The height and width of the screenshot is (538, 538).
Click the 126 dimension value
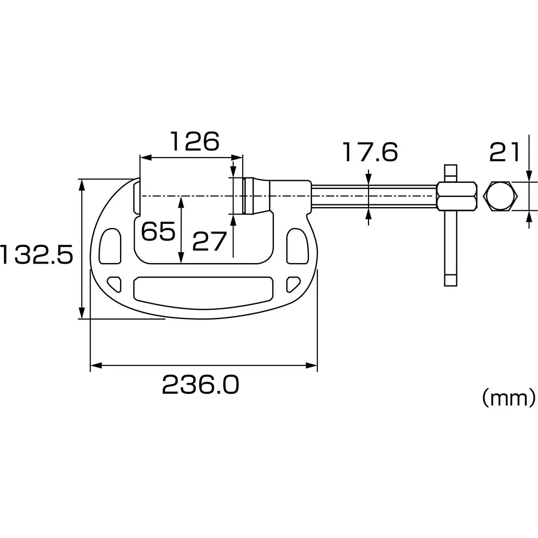pyautogui.click(x=195, y=141)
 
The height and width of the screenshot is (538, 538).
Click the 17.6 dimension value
pyautogui.click(x=371, y=152)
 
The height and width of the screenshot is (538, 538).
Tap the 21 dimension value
pyautogui.click(x=505, y=152)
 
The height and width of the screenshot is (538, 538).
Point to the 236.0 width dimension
pyautogui.click(x=200, y=385)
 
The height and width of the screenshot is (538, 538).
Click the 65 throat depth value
pyautogui.click(x=158, y=232)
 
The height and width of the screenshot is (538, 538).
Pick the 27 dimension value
pyautogui.click(x=209, y=242)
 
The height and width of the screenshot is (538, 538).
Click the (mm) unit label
pyautogui.click(x=508, y=398)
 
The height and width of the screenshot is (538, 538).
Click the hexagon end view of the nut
pyautogui.click(x=501, y=196)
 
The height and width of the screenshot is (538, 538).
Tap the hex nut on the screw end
pyautogui.click(x=457, y=196)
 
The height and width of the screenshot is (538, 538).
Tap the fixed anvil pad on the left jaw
pyautogui.click(x=137, y=197)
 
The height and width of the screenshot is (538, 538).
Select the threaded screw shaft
pyautogui.click(x=374, y=196)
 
